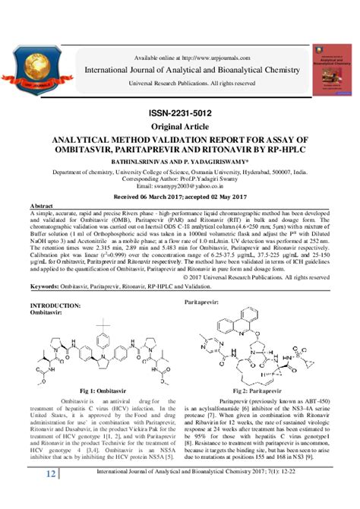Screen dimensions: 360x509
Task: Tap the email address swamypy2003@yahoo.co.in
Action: (x=179, y=186)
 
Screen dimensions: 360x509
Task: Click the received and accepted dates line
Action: (x=179, y=196)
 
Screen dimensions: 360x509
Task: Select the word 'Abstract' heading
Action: (x=40, y=207)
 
